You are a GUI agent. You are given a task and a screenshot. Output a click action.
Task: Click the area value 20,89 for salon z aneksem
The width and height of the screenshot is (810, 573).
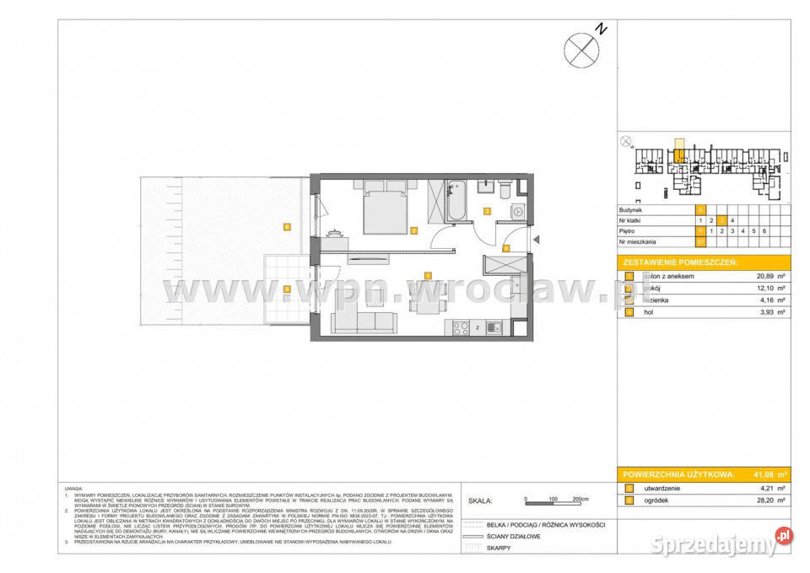(x=769, y=276)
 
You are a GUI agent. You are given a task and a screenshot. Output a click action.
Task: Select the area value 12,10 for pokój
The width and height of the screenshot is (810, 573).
(x=769, y=288)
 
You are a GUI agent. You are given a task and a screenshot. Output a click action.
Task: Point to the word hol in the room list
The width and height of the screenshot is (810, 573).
(x=647, y=312)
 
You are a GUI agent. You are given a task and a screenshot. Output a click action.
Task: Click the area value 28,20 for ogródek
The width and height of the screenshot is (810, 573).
(x=769, y=500)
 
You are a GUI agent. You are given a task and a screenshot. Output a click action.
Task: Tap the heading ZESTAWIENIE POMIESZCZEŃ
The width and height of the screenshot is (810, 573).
(x=678, y=262)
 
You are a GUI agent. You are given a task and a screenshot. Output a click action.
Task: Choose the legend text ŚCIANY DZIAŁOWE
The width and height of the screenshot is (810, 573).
(x=512, y=536)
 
